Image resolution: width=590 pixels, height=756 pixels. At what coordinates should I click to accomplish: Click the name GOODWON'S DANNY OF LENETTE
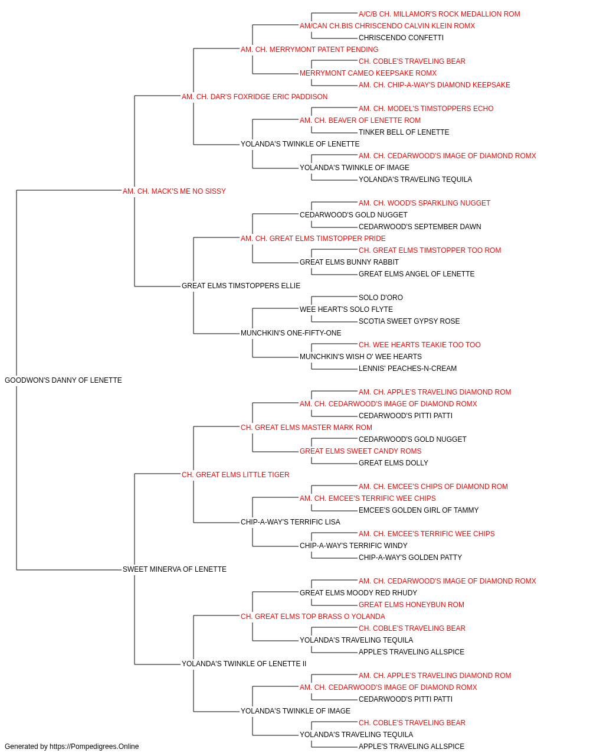(x=63, y=380)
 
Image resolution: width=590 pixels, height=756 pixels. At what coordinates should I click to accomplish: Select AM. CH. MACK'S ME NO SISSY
(x=174, y=191)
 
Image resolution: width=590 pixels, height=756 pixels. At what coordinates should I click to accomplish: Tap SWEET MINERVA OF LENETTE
(x=175, y=569)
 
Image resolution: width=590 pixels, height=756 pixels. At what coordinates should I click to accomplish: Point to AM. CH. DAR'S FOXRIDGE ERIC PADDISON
(x=254, y=97)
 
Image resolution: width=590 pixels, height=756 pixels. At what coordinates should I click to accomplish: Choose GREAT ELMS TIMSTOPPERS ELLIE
(x=241, y=286)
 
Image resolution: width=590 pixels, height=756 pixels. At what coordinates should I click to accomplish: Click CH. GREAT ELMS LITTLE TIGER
(x=235, y=474)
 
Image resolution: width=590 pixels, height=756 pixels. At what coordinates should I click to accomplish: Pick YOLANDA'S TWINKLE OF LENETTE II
(x=244, y=663)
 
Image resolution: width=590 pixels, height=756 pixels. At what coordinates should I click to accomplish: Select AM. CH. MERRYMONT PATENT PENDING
(x=309, y=50)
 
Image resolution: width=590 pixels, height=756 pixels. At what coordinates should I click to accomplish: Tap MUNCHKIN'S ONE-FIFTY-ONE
(x=291, y=333)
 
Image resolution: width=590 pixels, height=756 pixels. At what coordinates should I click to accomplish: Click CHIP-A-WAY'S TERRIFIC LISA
(x=290, y=522)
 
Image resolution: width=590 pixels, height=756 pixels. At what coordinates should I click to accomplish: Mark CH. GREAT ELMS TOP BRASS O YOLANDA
(x=313, y=617)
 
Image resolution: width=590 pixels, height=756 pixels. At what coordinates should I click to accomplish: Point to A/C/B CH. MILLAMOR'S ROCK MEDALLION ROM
(x=439, y=14)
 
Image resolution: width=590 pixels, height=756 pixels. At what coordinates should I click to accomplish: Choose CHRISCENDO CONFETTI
(x=401, y=38)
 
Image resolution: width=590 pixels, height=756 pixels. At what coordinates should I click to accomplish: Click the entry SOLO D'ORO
(x=381, y=298)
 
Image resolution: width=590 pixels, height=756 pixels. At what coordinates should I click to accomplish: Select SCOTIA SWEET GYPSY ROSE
(x=409, y=321)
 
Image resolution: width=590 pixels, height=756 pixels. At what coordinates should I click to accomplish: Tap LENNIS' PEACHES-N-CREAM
(x=408, y=369)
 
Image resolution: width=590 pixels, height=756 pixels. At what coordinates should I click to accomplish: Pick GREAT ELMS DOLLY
(x=394, y=462)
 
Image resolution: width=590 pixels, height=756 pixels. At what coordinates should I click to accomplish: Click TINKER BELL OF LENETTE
(x=404, y=132)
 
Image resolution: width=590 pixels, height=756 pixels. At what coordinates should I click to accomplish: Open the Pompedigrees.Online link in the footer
(x=94, y=747)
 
